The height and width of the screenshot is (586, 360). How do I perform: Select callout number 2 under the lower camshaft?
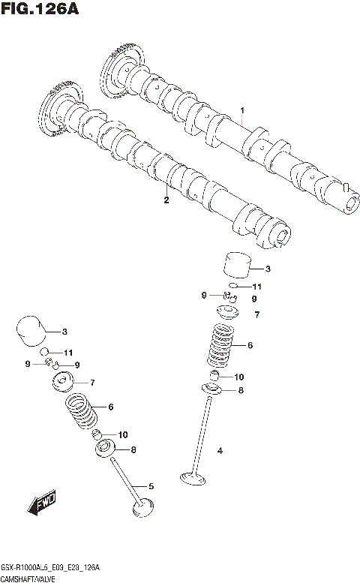(x=166, y=200)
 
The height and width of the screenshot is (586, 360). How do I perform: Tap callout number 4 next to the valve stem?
(x=220, y=450)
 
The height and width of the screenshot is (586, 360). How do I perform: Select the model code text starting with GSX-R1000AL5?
(x=50, y=569)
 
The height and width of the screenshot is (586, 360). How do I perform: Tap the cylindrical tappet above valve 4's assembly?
(x=237, y=267)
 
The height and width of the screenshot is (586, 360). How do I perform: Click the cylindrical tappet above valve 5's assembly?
(x=30, y=330)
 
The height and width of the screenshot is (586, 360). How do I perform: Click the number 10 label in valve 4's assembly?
(x=239, y=377)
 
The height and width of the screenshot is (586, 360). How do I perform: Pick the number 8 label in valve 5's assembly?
(x=133, y=449)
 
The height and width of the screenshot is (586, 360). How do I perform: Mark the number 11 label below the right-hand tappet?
(x=256, y=287)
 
